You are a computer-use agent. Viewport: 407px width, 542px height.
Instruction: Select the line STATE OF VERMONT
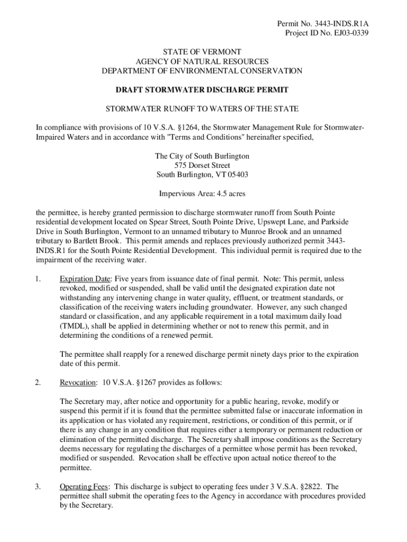pos(202,52)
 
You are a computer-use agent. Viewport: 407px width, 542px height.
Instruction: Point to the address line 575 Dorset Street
pos(202,166)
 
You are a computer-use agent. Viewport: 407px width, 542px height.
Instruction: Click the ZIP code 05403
pos(238,175)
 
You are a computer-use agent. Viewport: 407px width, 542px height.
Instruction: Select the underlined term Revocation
pos(78,382)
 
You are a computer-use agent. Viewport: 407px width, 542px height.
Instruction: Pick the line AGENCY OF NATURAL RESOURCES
pos(202,61)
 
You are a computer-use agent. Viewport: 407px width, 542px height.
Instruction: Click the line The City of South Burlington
pos(202,156)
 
